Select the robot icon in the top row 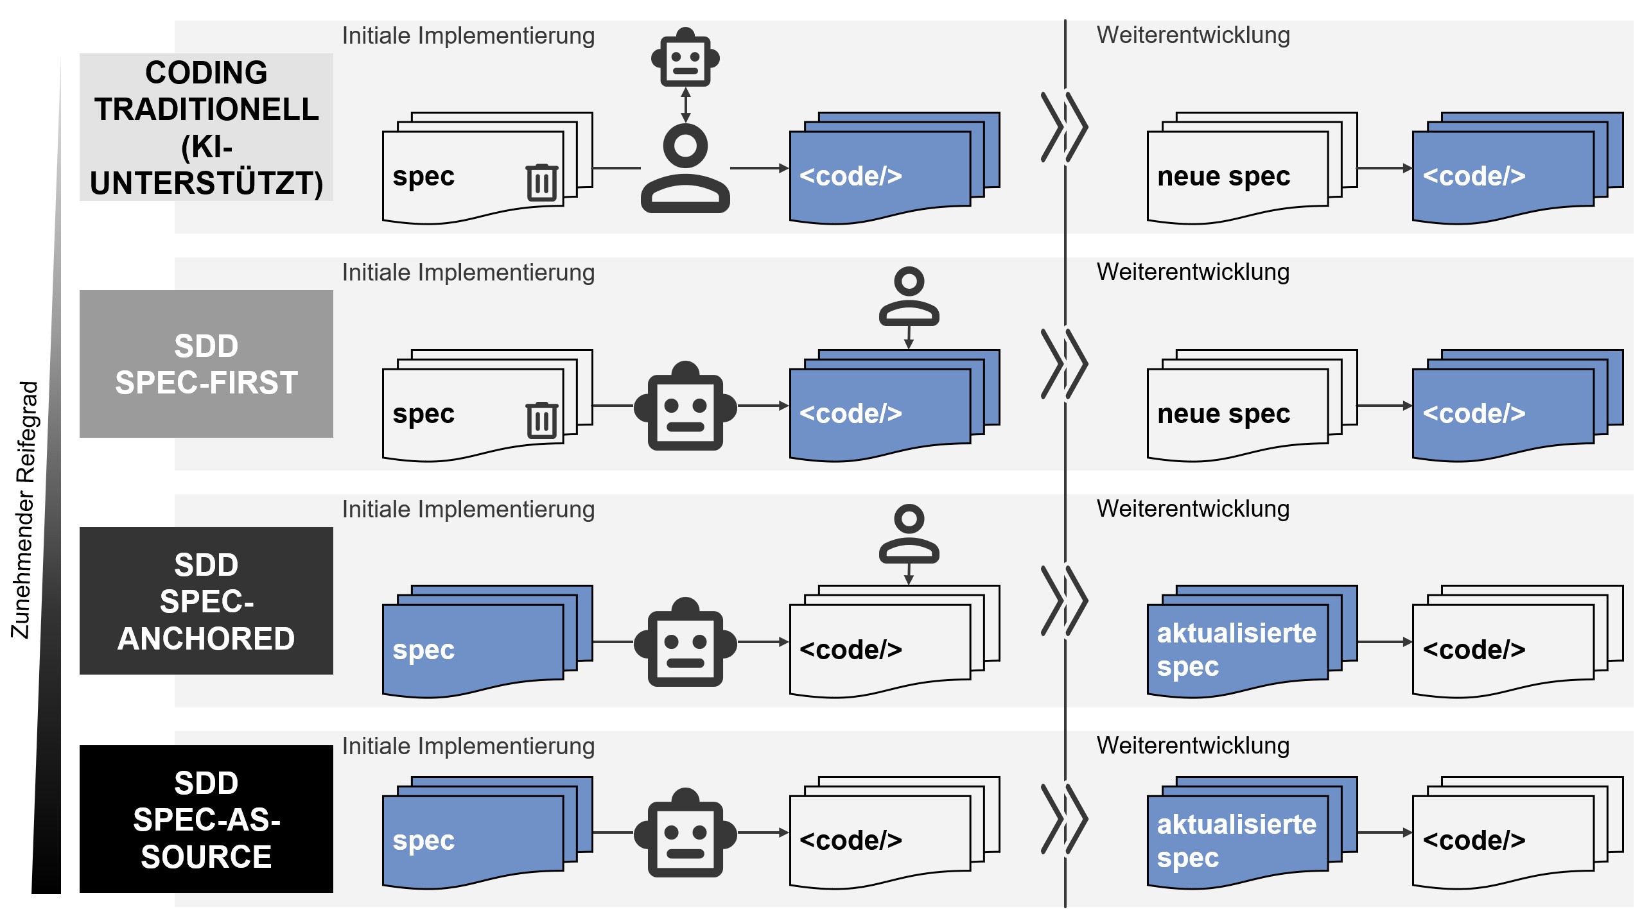pyautogui.click(x=685, y=58)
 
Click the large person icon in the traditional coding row pyautogui.click(x=685, y=168)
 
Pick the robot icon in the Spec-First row pyautogui.click(x=685, y=406)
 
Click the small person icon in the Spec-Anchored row pyautogui.click(x=909, y=534)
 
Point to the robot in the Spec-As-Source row pyautogui.click(x=685, y=832)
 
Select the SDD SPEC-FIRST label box pyautogui.click(x=206, y=364)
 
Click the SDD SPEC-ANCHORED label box pyautogui.click(x=206, y=601)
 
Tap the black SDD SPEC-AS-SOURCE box pyautogui.click(x=206, y=819)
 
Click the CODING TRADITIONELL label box pyautogui.click(x=206, y=127)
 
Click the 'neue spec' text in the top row pyautogui.click(x=1223, y=177)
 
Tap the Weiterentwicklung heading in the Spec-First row pyautogui.click(x=1192, y=272)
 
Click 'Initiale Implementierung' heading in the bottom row pyautogui.click(x=468, y=746)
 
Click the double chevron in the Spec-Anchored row pyautogui.click(x=1064, y=601)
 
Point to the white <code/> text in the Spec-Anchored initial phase pyautogui.click(x=850, y=650)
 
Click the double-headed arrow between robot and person pyautogui.click(x=685, y=105)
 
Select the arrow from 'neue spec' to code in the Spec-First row pyautogui.click(x=1384, y=406)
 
